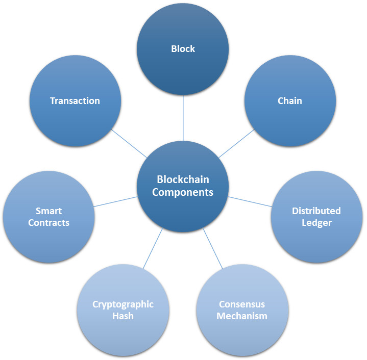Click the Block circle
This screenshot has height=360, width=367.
183,49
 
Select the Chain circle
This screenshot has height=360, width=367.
290,100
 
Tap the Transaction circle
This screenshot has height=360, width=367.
75,100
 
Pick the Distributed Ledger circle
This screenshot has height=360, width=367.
316,217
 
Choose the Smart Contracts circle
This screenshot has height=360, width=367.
49,217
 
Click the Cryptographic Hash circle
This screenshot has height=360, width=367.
123,310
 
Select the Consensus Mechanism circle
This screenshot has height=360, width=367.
242,310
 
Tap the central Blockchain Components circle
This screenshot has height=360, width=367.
183,186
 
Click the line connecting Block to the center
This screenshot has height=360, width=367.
183,118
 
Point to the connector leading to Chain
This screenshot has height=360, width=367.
236,143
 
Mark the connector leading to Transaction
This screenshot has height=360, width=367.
129,143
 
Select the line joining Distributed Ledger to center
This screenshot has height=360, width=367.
250,201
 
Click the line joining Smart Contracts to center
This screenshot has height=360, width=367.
116,201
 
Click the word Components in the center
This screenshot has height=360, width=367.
183,193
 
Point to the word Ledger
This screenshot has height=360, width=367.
316,223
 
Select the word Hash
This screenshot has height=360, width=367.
123,316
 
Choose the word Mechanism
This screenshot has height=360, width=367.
242,316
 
